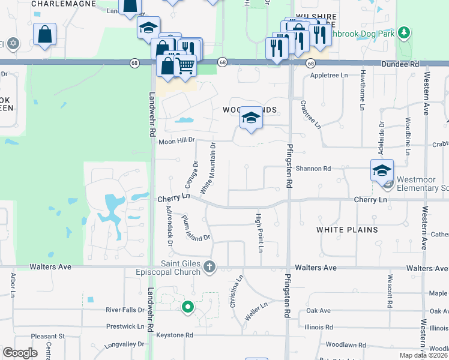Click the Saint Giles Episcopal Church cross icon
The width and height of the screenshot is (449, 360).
pyautogui.click(x=209, y=266)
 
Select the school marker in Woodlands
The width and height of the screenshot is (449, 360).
pyautogui.click(x=250, y=118)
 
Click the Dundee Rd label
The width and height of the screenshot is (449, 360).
pyautogui.click(x=399, y=64)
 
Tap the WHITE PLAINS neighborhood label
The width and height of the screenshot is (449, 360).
pyautogui.click(x=347, y=230)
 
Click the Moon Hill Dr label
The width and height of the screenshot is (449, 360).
pyautogui.click(x=178, y=140)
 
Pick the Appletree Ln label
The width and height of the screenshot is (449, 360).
pyautogui.click(x=329, y=76)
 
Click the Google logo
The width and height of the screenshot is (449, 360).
pyautogui.click(x=20, y=352)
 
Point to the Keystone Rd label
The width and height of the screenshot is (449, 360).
pyautogui.click(x=175, y=335)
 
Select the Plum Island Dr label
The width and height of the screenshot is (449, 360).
pyautogui.click(x=196, y=228)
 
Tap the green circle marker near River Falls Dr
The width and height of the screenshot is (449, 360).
pyautogui.click(x=187, y=307)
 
